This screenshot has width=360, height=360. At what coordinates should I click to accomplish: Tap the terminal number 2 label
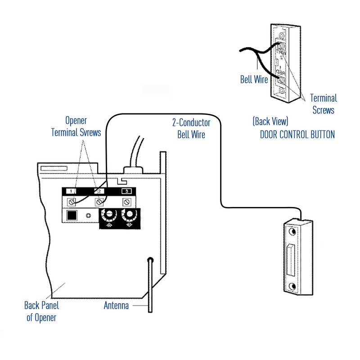click(x=99, y=191)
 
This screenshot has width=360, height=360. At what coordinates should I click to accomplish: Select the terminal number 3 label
click(x=127, y=191)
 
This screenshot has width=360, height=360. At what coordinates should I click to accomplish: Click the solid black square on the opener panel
click(x=72, y=216)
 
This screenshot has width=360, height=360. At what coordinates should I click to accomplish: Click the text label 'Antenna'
click(x=116, y=306)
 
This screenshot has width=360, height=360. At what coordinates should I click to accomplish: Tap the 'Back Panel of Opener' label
click(x=41, y=311)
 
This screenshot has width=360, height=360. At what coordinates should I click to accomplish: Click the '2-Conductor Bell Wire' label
click(x=191, y=128)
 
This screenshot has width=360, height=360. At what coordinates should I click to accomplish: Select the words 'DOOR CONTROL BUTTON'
click(x=297, y=135)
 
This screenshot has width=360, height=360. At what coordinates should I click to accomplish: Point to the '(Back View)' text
click(x=270, y=121)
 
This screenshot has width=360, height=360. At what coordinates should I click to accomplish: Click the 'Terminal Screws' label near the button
click(x=323, y=103)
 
